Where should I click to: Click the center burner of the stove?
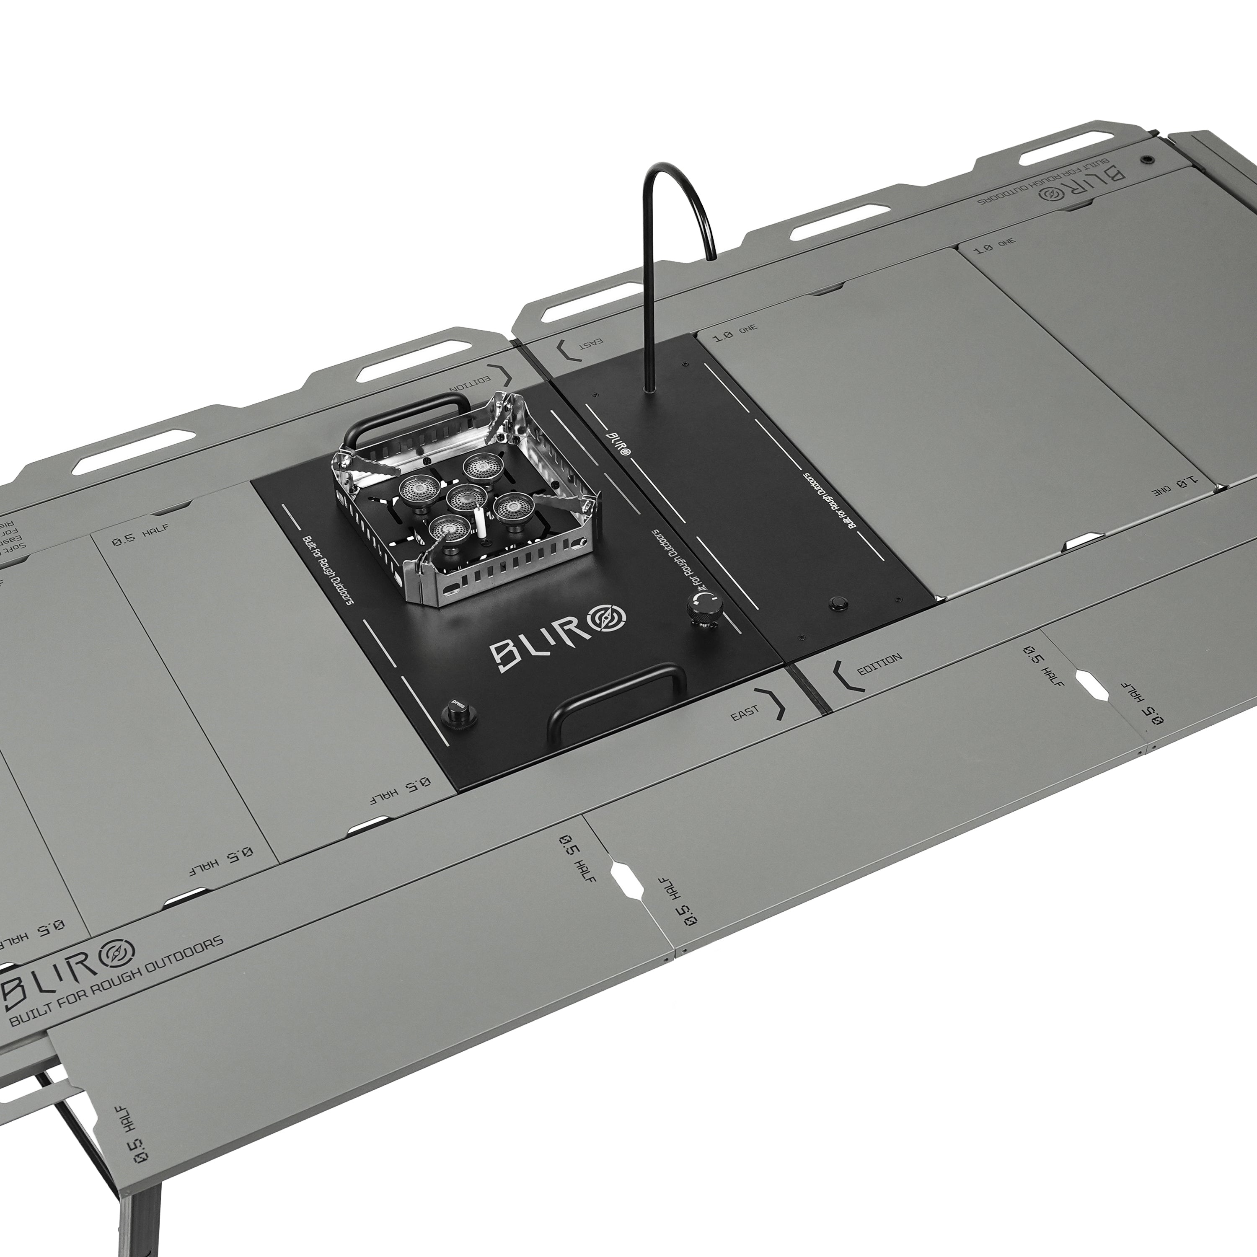click(466, 497)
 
